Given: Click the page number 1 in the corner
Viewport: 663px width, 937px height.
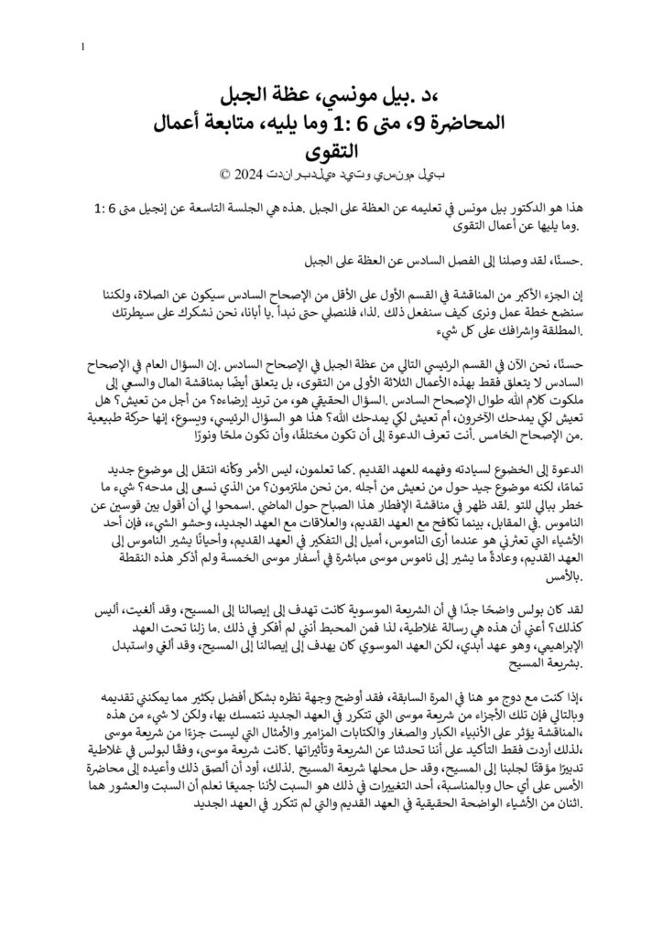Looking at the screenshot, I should [x=83, y=47].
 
